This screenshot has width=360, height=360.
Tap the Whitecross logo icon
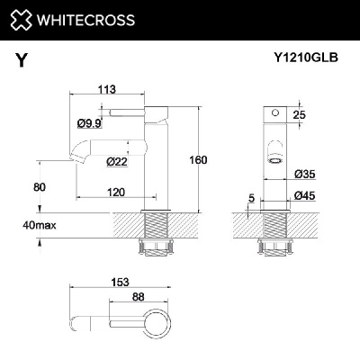[x=24, y=19]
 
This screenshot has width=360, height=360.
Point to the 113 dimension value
[x=108, y=89]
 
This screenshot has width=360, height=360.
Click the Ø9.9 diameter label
[x=88, y=122]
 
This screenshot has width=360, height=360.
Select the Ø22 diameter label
[x=115, y=162]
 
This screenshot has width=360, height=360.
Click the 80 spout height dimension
[x=39, y=187]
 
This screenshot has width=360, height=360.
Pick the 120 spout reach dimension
[x=115, y=193]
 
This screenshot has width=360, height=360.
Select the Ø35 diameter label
[x=302, y=172]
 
